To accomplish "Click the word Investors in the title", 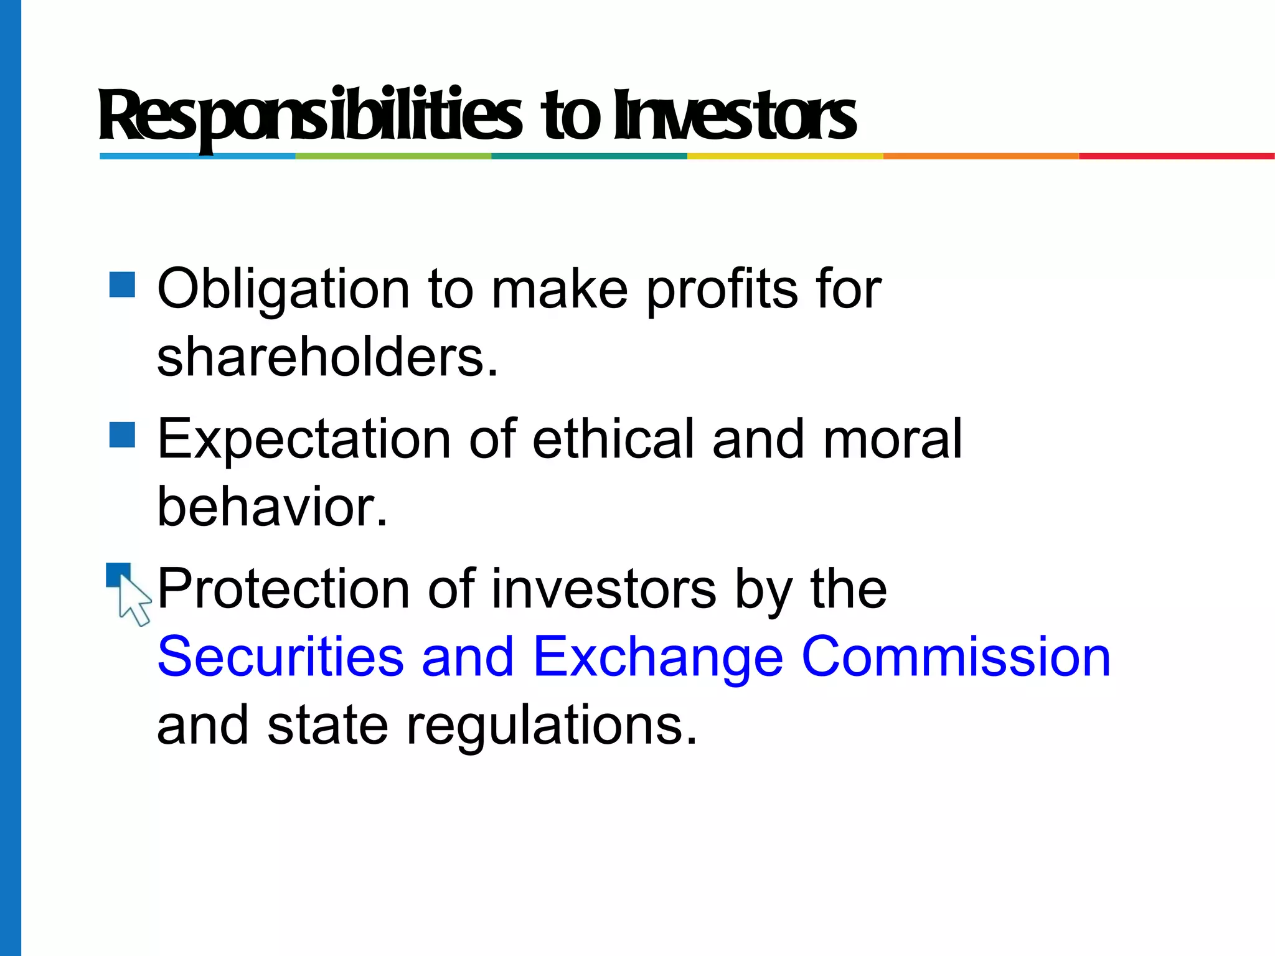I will [735, 116].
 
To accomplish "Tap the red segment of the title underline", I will [1177, 156].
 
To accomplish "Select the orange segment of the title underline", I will [981, 156].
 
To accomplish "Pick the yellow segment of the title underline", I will [784, 156].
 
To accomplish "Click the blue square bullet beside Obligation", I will [122, 284].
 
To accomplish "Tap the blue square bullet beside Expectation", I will [122, 434].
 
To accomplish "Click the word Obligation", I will [283, 289].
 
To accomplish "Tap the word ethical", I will [613, 439].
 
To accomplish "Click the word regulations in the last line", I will [551, 726].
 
